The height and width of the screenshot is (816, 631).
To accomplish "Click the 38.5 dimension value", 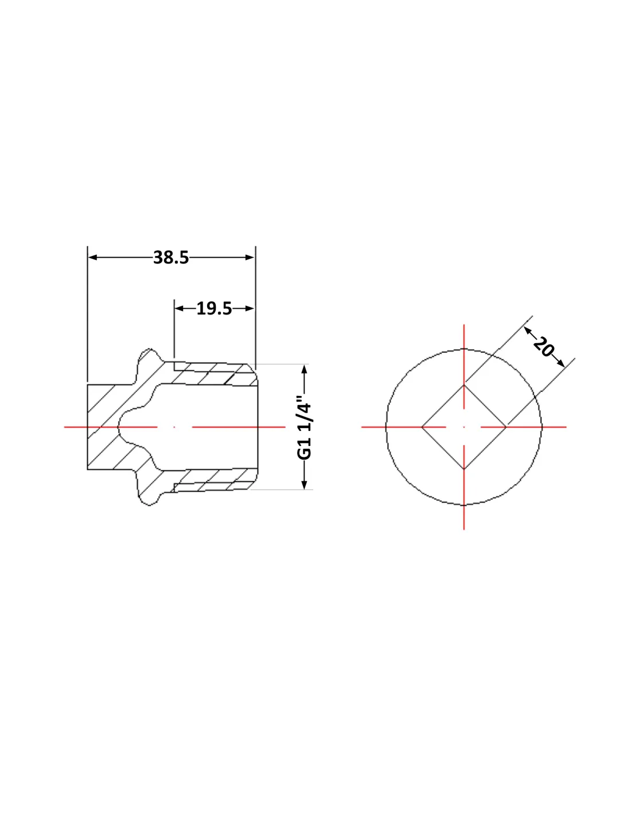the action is pos(171,258).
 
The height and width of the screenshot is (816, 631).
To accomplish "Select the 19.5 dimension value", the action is pos(214,309).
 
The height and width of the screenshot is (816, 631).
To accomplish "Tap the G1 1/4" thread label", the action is pos(304,427).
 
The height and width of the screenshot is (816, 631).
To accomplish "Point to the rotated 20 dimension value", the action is pos(543,347).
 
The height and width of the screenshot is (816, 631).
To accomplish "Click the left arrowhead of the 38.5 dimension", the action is pos(92,258).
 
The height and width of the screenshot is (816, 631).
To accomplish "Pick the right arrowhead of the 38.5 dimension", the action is pos(250,258).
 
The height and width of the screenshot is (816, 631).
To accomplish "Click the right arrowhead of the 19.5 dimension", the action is pos(250,309).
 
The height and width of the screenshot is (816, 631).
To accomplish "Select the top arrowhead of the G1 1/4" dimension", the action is pos(305,370).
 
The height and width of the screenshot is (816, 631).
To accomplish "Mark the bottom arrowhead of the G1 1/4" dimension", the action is pos(305,484).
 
